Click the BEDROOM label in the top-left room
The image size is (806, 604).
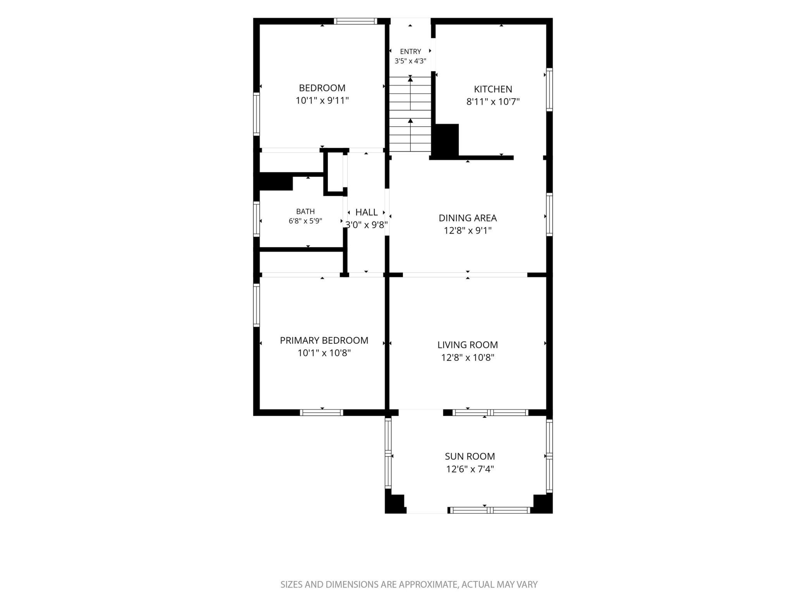[322, 88]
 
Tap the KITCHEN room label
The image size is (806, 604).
[493, 89]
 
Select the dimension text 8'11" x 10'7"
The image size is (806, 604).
[493, 102]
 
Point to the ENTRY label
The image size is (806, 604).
[410, 51]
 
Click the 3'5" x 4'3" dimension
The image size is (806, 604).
[410, 61]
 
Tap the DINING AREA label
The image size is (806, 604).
[468, 218]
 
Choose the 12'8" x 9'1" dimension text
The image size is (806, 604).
[468, 231]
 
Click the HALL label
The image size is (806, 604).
[367, 212]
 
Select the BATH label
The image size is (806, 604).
[305, 211]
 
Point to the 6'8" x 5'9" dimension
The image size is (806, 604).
[305, 221]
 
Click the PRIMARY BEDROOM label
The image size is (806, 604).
[324, 340]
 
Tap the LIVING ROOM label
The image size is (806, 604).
[468, 345]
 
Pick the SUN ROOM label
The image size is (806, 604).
[470, 456]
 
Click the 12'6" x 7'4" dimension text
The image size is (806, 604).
[470, 469]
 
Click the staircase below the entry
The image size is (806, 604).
[410, 114]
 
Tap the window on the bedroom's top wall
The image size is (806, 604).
[356, 21]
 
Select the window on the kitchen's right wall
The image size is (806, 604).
[549, 89]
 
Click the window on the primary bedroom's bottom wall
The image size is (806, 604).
[322, 413]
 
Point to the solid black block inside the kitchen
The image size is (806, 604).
[446, 141]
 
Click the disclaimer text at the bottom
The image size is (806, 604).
[409, 585]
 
